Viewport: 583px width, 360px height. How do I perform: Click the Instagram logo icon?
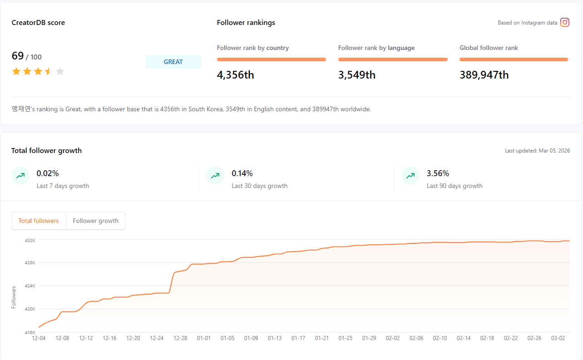point(565,22)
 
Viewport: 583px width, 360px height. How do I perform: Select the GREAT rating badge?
point(173,62)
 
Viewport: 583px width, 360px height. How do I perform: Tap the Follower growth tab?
point(95,221)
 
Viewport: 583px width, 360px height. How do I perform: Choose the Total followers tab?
point(39,221)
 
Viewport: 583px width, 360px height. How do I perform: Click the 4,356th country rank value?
point(235,75)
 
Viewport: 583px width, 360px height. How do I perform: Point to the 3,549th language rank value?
point(356,75)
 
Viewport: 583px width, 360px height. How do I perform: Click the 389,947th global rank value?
point(484,75)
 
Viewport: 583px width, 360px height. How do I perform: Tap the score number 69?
point(18,56)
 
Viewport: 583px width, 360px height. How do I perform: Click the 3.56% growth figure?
point(438,173)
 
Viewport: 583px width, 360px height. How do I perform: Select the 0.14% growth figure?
point(242,173)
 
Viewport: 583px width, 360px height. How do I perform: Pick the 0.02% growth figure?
point(48,173)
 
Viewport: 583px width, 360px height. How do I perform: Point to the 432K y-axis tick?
point(30,240)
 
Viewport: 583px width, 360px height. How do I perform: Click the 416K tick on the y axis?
point(30,332)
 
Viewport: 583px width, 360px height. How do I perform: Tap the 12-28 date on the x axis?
point(180,338)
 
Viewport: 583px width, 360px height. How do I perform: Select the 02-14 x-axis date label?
point(464,338)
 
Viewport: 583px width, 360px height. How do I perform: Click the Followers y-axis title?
point(14,297)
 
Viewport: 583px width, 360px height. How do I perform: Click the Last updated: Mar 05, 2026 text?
point(537,151)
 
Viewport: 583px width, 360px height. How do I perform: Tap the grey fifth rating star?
point(60,71)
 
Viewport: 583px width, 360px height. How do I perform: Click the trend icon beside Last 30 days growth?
point(215,176)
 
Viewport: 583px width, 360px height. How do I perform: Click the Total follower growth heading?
point(46,151)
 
